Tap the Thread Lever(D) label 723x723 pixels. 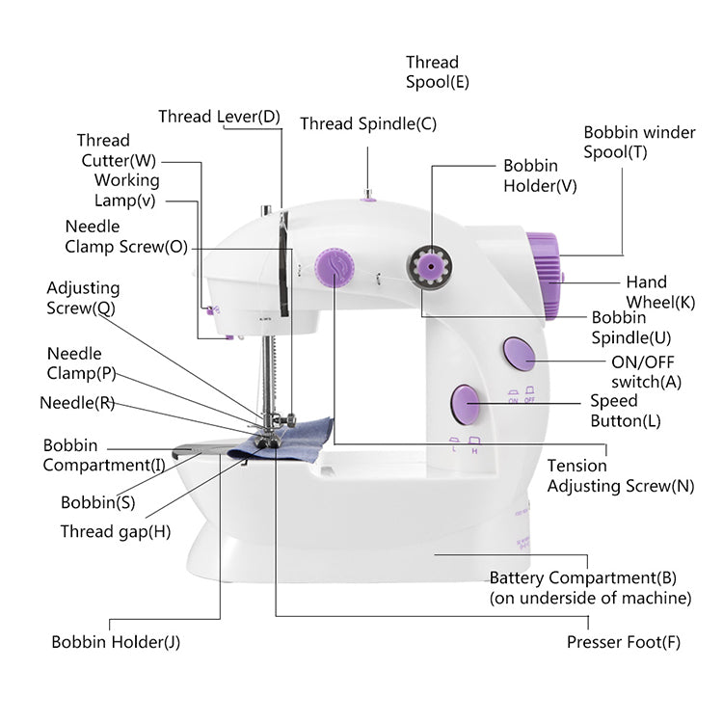pyautogui.click(x=219, y=117)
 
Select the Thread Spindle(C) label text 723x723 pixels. pyautogui.click(x=368, y=123)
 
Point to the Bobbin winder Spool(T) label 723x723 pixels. pyautogui.click(x=639, y=142)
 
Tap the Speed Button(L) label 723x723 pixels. pyautogui.click(x=626, y=411)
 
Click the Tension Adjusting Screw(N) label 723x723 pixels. pyautogui.click(x=620, y=475)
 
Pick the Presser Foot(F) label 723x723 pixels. pyautogui.click(x=624, y=642)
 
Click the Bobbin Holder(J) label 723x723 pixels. pyautogui.click(x=116, y=642)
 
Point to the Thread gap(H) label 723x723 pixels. pyautogui.click(x=116, y=531)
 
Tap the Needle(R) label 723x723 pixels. pyautogui.click(x=77, y=402)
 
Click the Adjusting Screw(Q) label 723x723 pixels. pyautogui.click(x=83, y=298)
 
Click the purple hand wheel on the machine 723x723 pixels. pyautogui.click(x=545, y=275)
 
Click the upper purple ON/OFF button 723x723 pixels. pyautogui.click(x=519, y=354)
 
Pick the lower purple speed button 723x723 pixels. pyautogui.click(x=466, y=402)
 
